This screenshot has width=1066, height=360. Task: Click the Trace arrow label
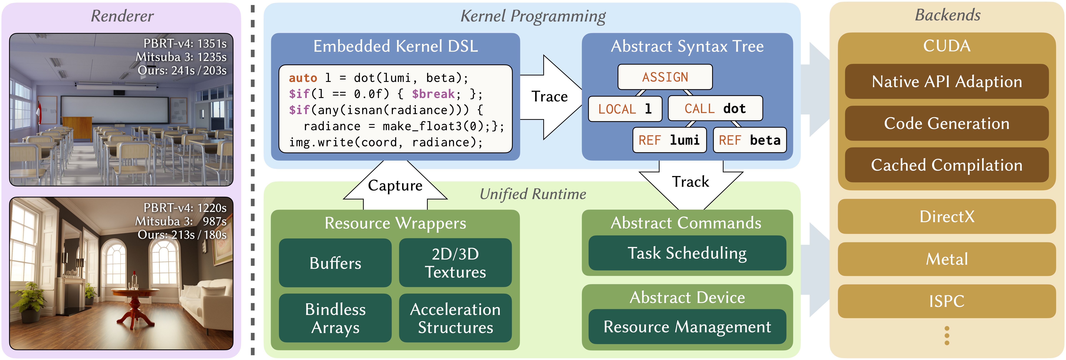tap(550, 96)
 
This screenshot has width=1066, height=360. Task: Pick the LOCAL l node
tap(625, 109)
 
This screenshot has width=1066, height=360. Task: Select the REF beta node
tap(749, 140)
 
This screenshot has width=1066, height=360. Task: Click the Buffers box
tap(335, 263)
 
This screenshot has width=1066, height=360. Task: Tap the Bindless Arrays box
tap(335, 318)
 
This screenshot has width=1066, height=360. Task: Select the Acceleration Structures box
tap(455, 318)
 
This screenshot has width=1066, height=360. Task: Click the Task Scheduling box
tap(687, 253)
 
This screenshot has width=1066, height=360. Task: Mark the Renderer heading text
tap(122, 16)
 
